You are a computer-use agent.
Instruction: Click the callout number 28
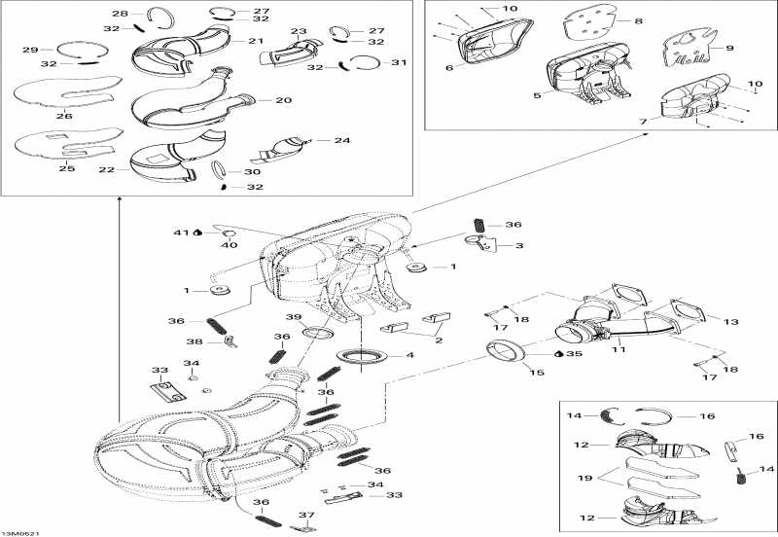coord(120,14)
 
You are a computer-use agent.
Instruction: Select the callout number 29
coord(30,50)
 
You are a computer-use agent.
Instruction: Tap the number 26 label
coord(64,116)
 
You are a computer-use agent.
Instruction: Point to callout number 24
coord(341,140)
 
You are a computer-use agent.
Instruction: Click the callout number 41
coord(181,233)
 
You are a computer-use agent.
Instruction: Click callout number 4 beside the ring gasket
coord(409,355)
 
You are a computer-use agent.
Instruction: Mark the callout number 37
coord(306,516)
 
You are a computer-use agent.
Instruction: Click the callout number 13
coord(731,320)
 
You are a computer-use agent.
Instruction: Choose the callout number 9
coord(729,48)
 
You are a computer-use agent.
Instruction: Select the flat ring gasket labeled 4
coord(361,356)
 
